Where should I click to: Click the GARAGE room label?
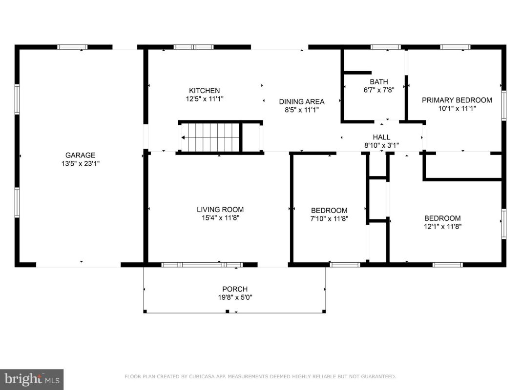pos(80,155)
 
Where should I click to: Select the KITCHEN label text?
pos(204,91)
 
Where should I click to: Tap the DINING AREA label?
pos(302,102)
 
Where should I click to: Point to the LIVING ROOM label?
pos(220,210)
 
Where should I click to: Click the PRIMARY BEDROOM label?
pos(457,100)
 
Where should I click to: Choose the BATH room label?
pos(379,82)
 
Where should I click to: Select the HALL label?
pos(381,137)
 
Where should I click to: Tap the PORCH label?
pos(235,289)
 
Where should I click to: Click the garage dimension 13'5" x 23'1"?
pos(81,163)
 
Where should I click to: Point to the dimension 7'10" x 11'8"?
pos(330,218)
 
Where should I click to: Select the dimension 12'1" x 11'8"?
pos(442,227)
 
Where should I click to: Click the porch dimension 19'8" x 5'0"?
pos(235,297)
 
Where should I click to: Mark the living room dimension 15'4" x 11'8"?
pos(220,218)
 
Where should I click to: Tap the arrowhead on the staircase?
pos(183,137)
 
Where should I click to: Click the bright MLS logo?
pos(32,379)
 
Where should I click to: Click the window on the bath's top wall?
pos(386,47)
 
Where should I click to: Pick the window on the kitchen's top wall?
pos(194,47)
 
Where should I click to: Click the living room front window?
pos(202,265)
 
